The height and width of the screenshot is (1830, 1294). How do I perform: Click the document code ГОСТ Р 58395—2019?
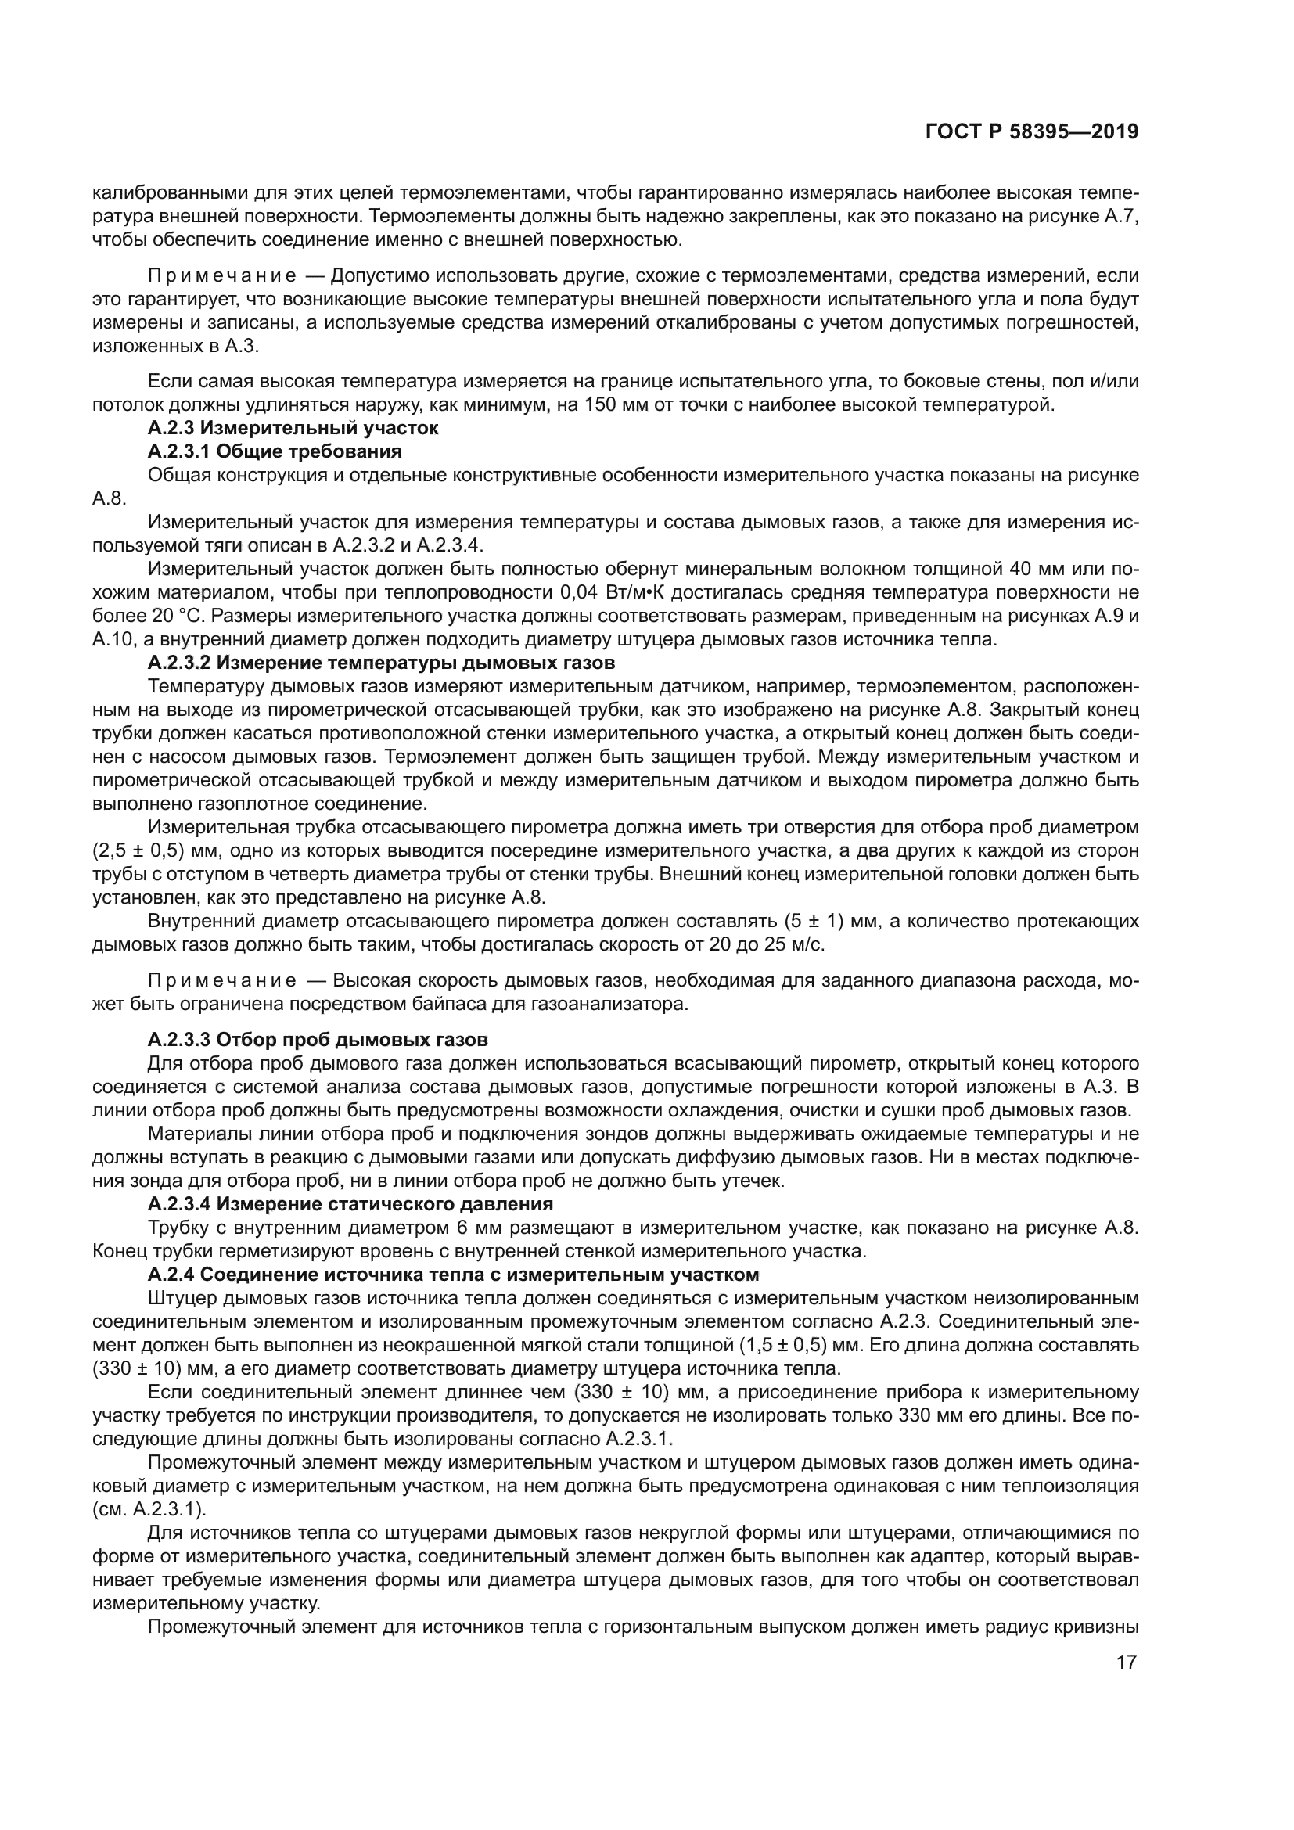click(x=1031, y=131)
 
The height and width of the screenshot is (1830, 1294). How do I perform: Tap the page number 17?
click(x=1126, y=1662)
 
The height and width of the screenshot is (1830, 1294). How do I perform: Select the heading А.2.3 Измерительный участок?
click(x=293, y=429)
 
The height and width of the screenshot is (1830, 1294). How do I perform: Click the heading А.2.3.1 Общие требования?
click(x=274, y=452)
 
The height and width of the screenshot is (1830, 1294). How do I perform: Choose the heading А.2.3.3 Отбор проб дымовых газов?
click(x=317, y=1040)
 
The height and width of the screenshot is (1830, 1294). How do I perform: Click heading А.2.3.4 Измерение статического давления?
click(x=350, y=1203)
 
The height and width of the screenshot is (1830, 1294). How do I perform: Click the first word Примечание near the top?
click(x=222, y=276)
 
